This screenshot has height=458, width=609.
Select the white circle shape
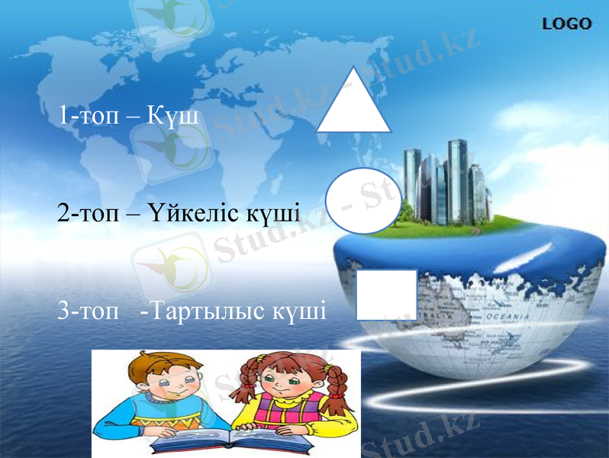coord(363,201)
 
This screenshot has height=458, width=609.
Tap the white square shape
coord(386,294)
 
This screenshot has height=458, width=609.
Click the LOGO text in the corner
coord(566,24)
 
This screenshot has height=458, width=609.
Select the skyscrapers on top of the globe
coord(446,183)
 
